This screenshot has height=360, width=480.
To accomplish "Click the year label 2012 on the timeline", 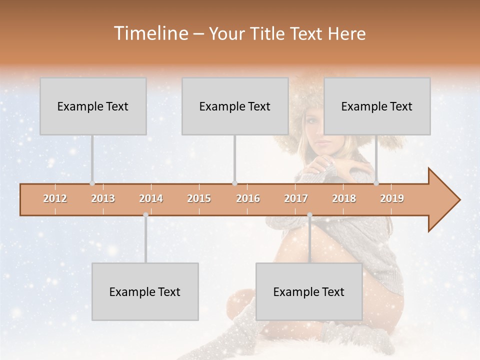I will click(x=55, y=198).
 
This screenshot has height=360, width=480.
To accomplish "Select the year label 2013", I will click(x=103, y=198).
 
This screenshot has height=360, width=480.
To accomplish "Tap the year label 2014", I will click(x=151, y=198).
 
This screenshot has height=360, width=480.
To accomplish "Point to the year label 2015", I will click(x=199, y=198).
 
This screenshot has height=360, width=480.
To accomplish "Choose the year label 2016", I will click(x=248, y=198).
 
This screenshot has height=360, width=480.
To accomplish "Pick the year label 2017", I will click(x=296, y=198).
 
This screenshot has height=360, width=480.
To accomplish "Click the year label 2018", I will click(x=344, y=198).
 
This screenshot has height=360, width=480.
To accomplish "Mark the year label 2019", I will click(x=392, y=198).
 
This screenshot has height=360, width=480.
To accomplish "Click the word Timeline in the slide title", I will click(x=150, y=33).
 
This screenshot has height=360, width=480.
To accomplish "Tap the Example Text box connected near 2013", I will click(x=93, y=106).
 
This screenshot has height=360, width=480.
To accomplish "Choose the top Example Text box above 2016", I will click(x=235, y=106).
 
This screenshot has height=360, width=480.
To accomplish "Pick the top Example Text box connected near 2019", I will click(x=377, y=106).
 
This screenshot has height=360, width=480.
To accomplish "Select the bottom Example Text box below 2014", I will click(x=145, y=291).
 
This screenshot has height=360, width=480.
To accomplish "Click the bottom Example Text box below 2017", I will click(x=309, y=291).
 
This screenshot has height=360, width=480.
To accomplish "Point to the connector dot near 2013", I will click(x=92, y=183).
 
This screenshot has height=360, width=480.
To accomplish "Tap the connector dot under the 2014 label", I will click(x=145, y=215).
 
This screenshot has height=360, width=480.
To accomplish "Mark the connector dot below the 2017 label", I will click(x=309, y=215).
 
